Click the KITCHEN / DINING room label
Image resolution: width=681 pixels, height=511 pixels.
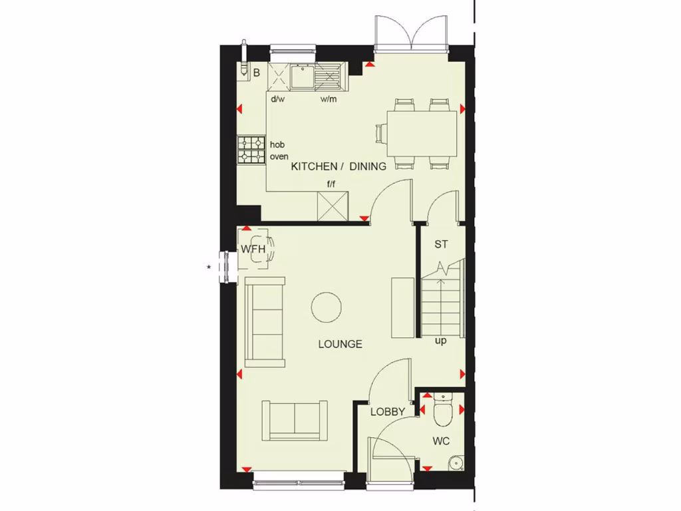[339, 167]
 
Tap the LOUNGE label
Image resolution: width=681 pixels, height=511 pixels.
[340, 344]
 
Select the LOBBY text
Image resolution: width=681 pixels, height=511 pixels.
[388, 412]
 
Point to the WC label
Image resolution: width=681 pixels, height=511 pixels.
[441, 440]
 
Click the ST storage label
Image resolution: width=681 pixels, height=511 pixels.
[441, 244]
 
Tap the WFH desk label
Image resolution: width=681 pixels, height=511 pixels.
[253, 250]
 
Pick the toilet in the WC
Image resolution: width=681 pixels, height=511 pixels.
[442, 410]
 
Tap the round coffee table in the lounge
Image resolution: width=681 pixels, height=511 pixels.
[327, 307]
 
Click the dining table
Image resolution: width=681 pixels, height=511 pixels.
[422, 132]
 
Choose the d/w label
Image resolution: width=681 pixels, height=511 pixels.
[277, 99]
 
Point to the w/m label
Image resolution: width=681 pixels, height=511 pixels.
[329, 99]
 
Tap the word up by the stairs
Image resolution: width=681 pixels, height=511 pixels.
[440, 341]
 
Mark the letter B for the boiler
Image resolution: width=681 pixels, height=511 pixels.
[256, 73]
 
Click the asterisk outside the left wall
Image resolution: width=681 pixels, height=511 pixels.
[209, 267]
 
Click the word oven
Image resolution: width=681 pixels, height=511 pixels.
[279, 157]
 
